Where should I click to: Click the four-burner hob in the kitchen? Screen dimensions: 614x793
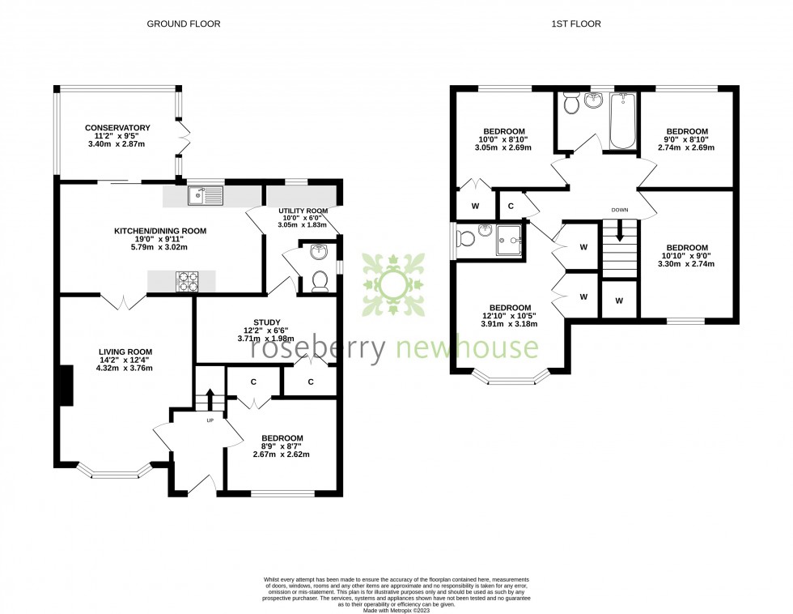(188, 280)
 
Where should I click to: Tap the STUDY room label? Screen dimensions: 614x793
(267, 322)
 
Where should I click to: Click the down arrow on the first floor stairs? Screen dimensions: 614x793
(620, 232)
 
